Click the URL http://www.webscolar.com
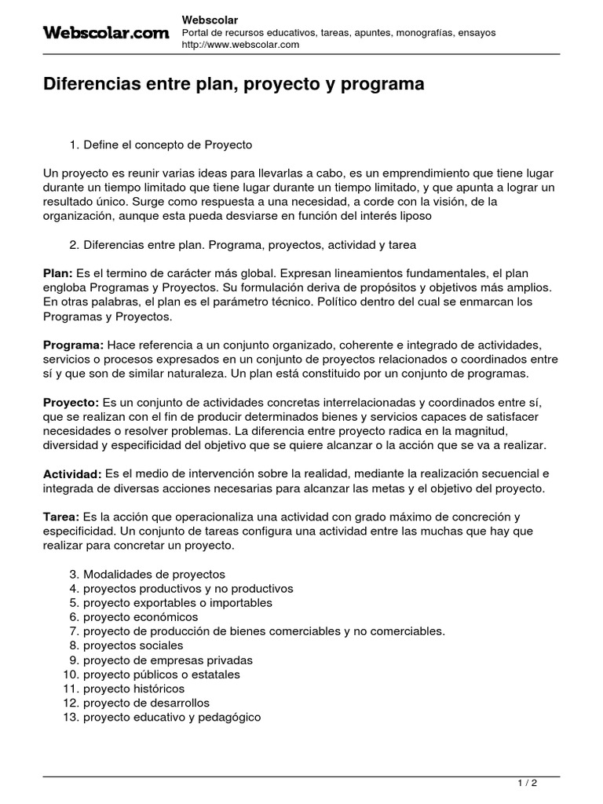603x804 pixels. coord(240,45)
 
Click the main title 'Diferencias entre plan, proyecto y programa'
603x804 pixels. coord(233,85)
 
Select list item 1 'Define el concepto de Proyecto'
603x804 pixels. coord(167,145)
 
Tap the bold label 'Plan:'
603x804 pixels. coord(57,272)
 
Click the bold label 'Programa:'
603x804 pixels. coord(73,345)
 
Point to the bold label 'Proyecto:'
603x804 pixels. coord(71,403)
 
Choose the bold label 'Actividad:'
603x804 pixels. coord(71,474)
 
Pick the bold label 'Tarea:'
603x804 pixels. coord(61,517)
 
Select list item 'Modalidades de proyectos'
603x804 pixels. coord(154,574)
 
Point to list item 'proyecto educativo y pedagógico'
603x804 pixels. coord(172,717)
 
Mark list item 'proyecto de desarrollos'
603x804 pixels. coord(146,703)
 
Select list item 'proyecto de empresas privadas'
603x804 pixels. coord(168,660)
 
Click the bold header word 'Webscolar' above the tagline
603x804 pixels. coord(210,19)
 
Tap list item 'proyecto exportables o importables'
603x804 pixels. coord(177,603)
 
